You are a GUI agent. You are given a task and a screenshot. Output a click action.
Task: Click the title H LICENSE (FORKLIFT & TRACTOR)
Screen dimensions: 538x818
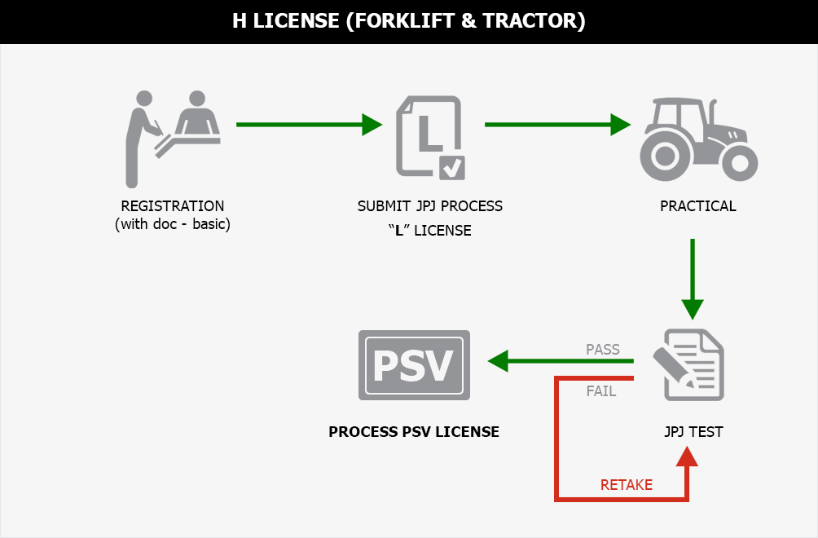(409, 21)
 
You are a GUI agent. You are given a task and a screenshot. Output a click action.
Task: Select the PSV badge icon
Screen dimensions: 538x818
(414, 365)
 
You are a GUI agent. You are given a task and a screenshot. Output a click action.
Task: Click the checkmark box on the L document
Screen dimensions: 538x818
(451, 167)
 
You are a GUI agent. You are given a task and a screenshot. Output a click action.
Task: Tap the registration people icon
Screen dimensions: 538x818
(172, 136)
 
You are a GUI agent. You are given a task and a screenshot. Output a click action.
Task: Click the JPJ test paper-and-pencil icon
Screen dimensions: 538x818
(689, 364)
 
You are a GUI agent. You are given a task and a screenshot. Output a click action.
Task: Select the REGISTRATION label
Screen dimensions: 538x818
(172, 206)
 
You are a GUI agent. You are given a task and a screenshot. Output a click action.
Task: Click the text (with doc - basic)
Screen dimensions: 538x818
(173, 224)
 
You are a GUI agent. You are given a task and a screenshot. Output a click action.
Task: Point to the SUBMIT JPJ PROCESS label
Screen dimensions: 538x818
(430, 206)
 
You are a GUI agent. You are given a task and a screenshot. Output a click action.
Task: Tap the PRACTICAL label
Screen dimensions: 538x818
(698, 206)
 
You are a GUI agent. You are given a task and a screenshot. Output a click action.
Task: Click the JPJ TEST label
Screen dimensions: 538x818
(693, 432)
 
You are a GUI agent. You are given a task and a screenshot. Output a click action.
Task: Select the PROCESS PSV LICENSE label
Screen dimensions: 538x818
(414, 432)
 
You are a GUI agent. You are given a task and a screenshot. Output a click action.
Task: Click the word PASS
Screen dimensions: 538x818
(603, 350)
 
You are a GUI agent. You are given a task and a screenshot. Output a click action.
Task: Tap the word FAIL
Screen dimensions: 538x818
(601, 391)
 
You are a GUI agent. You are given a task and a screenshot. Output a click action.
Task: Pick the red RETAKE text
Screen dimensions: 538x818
(627, 485)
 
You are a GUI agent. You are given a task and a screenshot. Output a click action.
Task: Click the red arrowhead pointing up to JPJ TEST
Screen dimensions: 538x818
(688, 456)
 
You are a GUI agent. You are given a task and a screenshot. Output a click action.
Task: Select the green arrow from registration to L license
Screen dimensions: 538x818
(309, 125)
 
